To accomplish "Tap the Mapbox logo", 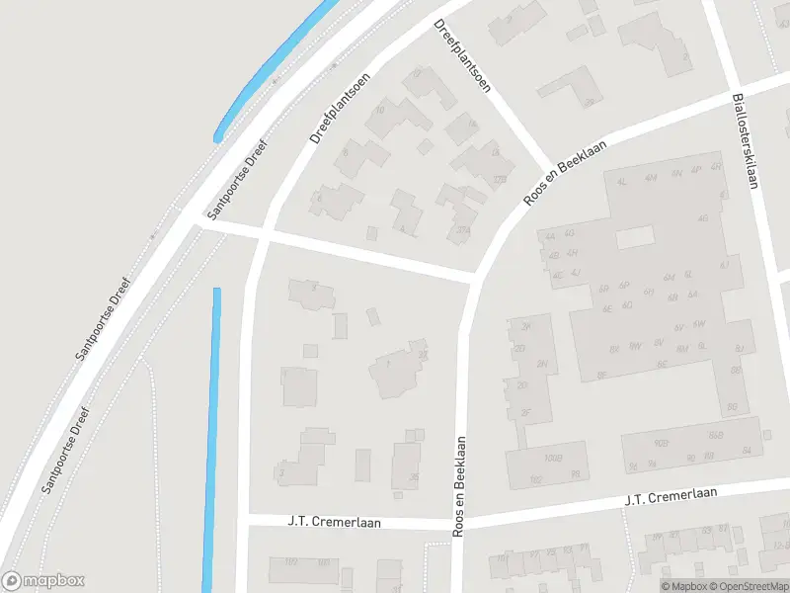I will click(x=43, y=580).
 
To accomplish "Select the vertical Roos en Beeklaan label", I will click(x=459, y=488).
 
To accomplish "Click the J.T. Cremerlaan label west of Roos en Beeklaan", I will click(x=334, y=521).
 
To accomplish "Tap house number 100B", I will click(x=551, y=459).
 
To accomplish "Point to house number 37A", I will click(x=462, y=232).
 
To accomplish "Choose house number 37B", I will click(x=499, y=180).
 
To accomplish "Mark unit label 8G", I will click(x=732, y=406).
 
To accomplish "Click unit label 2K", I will click(x=526, y=326).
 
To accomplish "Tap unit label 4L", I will click(x=622, y=182).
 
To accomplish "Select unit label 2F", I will click(x=525, y=412).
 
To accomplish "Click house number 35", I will click(x=413, y=477).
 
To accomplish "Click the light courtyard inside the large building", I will click(x=635, y=237).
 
